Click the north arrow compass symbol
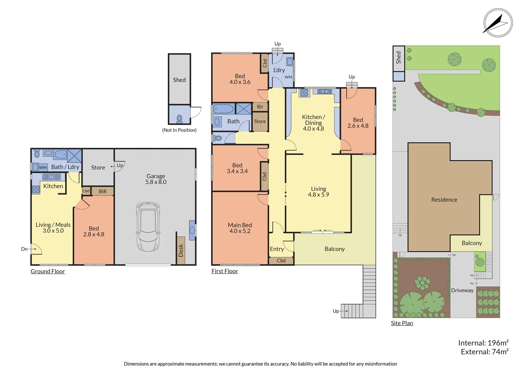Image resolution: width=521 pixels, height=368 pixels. (498, 23)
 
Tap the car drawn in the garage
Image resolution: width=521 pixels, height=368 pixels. (148, 227)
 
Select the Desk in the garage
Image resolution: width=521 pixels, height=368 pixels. (181, 250)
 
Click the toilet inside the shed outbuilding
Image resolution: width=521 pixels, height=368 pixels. (179, 119)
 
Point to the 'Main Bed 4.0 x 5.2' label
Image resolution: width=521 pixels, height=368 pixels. (240, 228)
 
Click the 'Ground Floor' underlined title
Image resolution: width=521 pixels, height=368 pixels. (48, 271)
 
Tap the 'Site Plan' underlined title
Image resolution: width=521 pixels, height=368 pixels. (402, 323)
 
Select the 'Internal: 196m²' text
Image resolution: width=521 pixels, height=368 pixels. (483, 343)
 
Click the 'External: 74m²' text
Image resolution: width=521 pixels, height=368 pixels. (485, 352)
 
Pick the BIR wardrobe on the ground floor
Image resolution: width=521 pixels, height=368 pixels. (102, 191)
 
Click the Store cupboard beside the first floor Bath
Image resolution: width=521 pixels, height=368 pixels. (260, 122)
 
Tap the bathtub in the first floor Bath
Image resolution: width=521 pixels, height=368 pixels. (223, 109)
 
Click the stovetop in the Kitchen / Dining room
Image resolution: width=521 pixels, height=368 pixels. (304, 92)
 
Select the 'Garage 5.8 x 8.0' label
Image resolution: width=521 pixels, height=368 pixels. (156, 179)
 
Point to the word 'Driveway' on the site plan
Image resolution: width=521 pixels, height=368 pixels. (462, 290)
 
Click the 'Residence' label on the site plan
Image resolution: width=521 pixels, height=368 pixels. (444, 200)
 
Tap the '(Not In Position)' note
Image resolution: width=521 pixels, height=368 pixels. (179, 130)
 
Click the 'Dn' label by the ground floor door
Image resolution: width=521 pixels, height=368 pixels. (24, 249)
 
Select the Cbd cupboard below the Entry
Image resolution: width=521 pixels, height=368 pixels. (281, 261)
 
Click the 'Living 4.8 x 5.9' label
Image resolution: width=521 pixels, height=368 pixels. (318, 191)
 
